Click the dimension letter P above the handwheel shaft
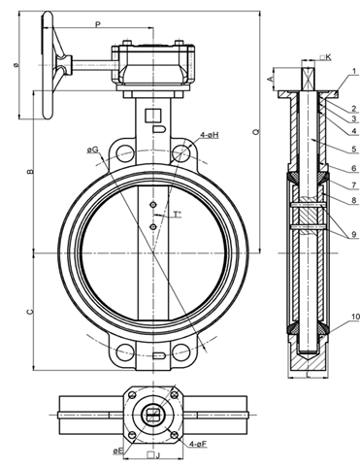pos(98,24)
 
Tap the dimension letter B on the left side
pos(30,171)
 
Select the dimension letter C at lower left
pos(30,312)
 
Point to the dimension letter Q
pos(256,131)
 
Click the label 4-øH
pos(210,135)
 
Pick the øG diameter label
pos(92,150)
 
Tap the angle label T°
pos(178,215)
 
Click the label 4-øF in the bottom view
pos(198,444)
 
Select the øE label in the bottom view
pos(118,451)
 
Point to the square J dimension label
pos(153,455)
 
